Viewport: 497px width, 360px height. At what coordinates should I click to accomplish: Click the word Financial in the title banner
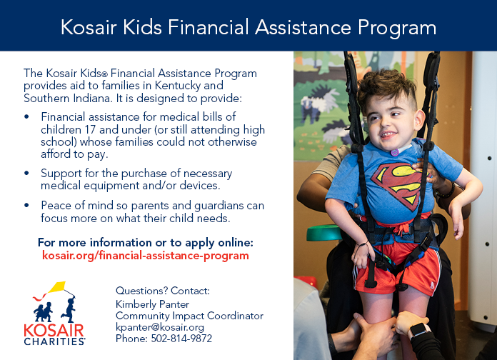[x=208, y=27]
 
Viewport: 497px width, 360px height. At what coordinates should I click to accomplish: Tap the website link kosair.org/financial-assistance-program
[x=146, y=256]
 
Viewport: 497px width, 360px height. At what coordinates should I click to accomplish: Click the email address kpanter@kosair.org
[x=160, y=327]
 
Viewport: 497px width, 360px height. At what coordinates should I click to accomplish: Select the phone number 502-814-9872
[x=181, y=339]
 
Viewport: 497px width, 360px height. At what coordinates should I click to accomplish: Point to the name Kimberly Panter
[x=152, y=304]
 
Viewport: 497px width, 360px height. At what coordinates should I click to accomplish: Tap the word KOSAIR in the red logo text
[x=54, y=331]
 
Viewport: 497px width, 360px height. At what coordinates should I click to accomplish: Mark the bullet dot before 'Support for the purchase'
[x=26, y=173]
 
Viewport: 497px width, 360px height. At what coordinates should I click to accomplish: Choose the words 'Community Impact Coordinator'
[x=189, y=316]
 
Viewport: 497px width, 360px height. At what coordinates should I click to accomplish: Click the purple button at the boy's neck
[x=395, y=153]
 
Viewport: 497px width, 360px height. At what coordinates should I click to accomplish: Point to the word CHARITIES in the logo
[x=54, y=341]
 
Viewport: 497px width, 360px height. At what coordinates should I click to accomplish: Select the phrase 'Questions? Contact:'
[x=163, y=291]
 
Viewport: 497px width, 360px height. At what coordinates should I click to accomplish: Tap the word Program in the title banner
[x=397, y=29]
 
